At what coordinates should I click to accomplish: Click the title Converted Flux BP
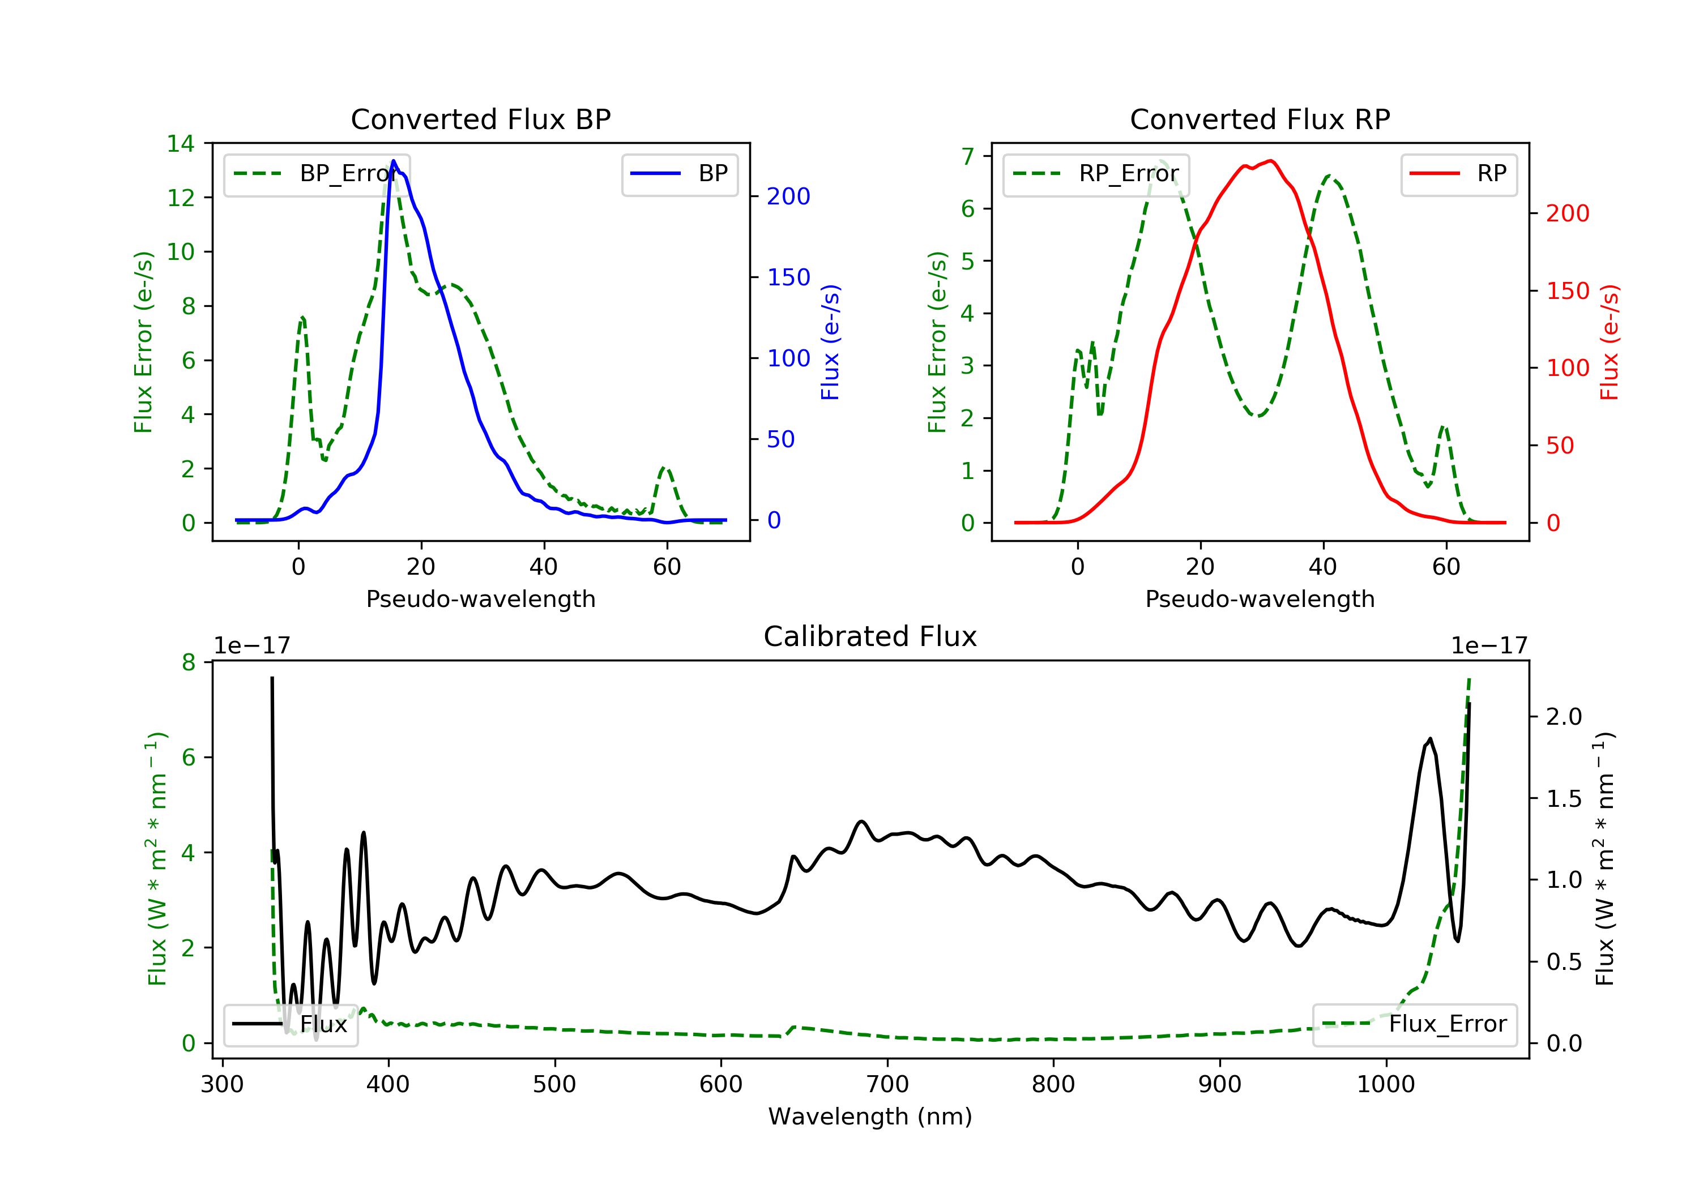[480, 119]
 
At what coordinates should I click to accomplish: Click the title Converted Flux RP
[1260, 119]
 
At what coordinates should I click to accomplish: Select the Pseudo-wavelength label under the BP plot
[480, 598]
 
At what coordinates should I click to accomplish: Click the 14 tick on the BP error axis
[181, 144]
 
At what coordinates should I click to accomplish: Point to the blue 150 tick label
[788, 277]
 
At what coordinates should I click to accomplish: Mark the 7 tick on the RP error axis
[967, 156]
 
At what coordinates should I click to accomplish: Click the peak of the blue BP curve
[394, 161]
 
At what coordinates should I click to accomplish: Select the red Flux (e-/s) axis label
[1610, 342]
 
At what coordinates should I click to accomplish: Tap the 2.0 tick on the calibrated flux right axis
[1564, 716]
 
